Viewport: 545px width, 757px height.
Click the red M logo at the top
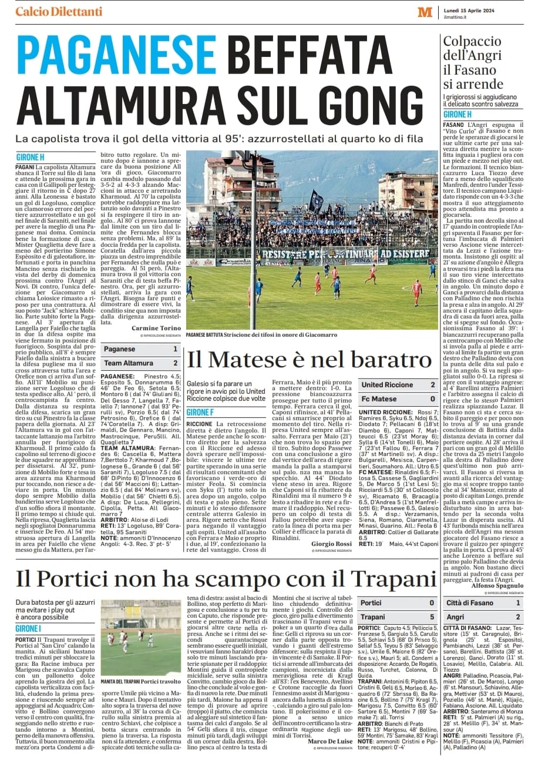pos(425,12)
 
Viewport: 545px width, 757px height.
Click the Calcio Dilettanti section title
pos(59,12)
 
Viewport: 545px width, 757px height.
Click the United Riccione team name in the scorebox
pos(388,385)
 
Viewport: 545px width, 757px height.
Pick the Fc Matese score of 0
pos(432,399)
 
